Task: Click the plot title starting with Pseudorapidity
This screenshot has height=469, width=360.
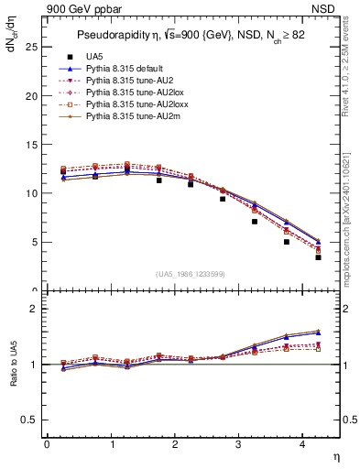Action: [x=191, y=36]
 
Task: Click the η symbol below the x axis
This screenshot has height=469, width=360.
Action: [x=336, y=455]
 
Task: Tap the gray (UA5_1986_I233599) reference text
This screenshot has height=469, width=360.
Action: [x=191, y=276]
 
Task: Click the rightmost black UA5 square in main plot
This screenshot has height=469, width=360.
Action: [x=318, y=257]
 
